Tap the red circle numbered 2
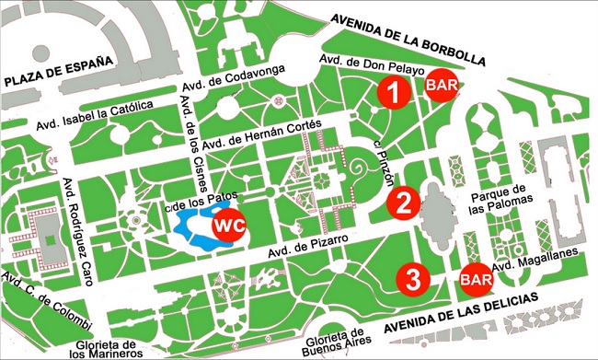pyautogui.click(x=403, y=203)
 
